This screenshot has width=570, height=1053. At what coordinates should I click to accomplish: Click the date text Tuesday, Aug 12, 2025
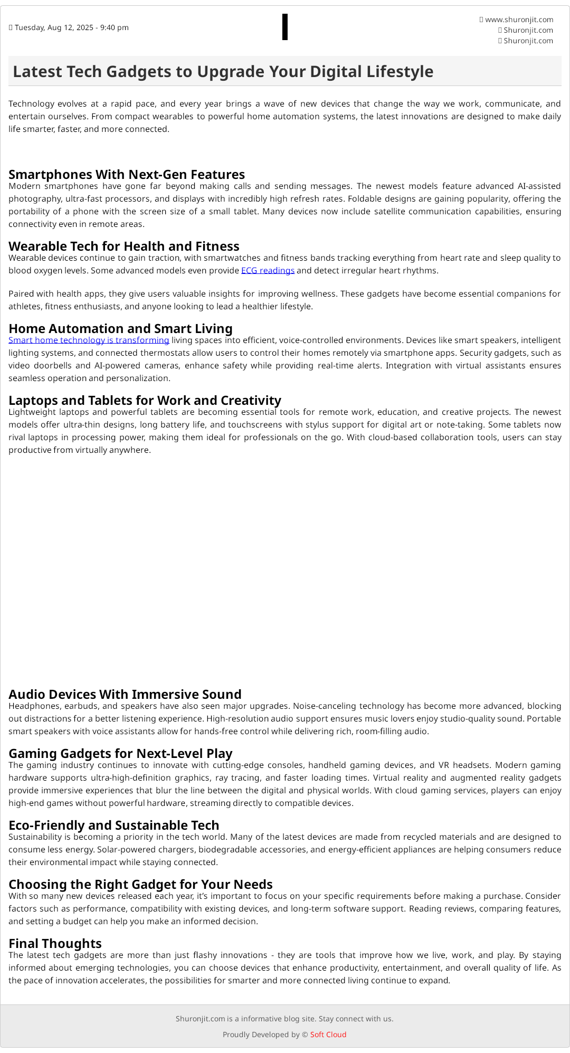pyautogui.click(x=71, y=27)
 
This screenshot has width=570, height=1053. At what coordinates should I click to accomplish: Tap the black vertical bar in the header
pyautogui.click(x=285, y=27)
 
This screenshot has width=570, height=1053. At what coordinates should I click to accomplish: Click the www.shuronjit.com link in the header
pyautogui.click(x=519, y=20)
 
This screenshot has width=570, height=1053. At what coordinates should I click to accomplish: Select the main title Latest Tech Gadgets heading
pyautogui.click(x=223, y=71)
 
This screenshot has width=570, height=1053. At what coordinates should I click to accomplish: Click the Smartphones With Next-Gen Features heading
pyautogui.click(x=127, y=174)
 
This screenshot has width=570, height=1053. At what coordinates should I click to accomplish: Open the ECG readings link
pyautogui.click(x=268, y=271)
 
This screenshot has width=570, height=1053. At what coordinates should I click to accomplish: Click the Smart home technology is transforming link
pyautogui.click(x=89, y=340)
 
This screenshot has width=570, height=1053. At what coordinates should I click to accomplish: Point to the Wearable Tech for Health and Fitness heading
pyautogui.click(x=124, y=246)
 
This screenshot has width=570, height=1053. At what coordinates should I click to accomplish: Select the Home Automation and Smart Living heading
pyautogui.click(x=120, y=328)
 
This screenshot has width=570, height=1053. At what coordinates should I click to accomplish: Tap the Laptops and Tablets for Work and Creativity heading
pyautogui.click(x=145, y=400)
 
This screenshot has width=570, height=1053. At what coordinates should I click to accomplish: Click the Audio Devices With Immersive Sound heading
pyautogui.click(x=125, y=694)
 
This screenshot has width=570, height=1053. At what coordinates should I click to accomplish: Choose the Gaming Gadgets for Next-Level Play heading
pyautogui.click(x=120, y=753)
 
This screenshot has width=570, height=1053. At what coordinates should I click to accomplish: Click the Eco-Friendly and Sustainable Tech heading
pyautogui.click(x=113, y=825)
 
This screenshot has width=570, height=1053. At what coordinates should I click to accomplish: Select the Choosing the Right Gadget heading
pyautogui.click(x=140, y=884)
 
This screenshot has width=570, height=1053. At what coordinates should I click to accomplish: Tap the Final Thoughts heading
pyautogui.click(x=55, y=943)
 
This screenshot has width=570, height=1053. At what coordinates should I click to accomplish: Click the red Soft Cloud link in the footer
pyautogui.click(x=328, y=1035)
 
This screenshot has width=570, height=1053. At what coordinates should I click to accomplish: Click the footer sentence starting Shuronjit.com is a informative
pyautogui.click(x=284, y=1019)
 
